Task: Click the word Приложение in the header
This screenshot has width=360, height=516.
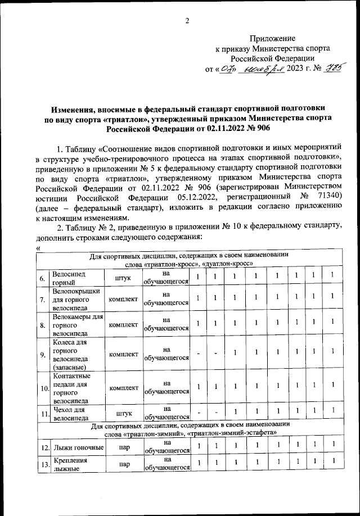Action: pyautogui.click(x=272, y=38)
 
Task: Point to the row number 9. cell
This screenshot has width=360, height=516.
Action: pyautogui.click(x=43, y=355)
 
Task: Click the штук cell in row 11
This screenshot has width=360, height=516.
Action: pyautogui.click(x=124, y=413)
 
